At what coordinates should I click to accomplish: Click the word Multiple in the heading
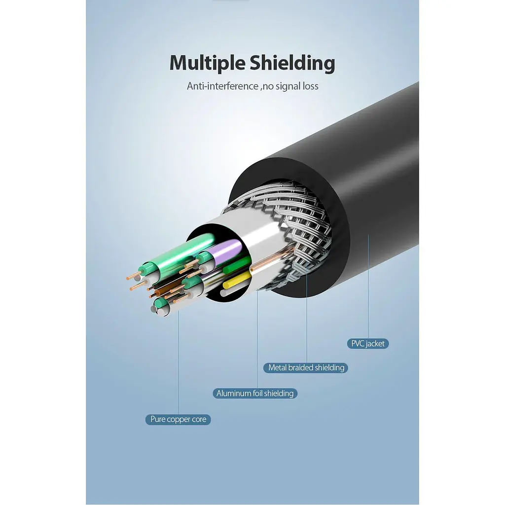pyautogui.click(x=208, y=64)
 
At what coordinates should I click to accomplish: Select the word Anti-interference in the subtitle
pyautogui.click(x=222, y=86)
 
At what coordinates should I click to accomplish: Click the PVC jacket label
pyautogui.click(x=368, y=344)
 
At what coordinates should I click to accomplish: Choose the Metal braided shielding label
pyautogui.click(x=306, y=368)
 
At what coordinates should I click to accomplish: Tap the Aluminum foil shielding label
pyautogui.click(x=255, y=394)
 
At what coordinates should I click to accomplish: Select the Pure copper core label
pyautogui.click(x=178, y=419)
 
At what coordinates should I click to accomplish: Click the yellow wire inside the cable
pyautogui.click(x=237, y=280)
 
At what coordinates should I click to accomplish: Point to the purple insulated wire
pyautogui.click(x=225, y=251)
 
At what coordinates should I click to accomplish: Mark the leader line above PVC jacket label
pyautogui.click(x=368, y=287)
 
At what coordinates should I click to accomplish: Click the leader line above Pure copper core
pyautogui.click(x=178, y=362)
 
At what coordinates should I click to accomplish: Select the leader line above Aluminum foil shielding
pyautogui.click(x=257, y=339)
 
